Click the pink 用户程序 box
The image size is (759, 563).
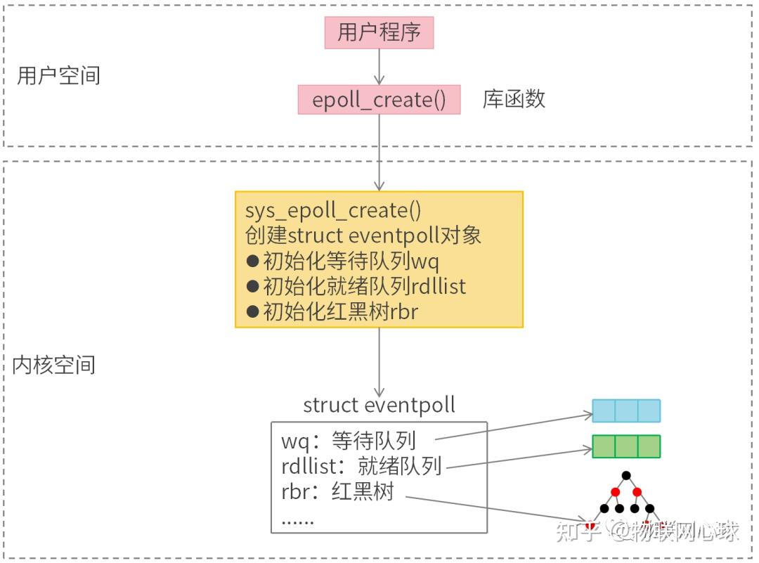tap(379, 32)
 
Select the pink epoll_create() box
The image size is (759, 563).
tap(379, 100)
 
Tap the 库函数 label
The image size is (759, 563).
tap(514, 99)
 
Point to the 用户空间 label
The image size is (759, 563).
tap(58, 75)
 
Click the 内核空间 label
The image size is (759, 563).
tap(53, 365)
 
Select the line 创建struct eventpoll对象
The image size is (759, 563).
tap(363, 235)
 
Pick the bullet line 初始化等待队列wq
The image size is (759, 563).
tap(342, 261)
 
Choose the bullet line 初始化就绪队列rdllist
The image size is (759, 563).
tap(356, 286)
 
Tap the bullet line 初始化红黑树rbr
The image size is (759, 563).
tap(332, 311)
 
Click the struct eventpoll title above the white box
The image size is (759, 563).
tap(379, 406)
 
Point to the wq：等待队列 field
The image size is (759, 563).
tap(349, 441)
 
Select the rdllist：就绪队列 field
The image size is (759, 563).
tap(361, 466)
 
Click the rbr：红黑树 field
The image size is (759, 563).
tap(337, 491)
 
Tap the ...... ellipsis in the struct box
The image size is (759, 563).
tap(297, 520)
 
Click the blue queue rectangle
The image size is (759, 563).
tap(626, 410)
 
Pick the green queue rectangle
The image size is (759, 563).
tap(626, 446)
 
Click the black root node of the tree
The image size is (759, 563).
tap(626, 476)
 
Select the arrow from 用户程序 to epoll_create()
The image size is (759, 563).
tap(379, 67)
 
